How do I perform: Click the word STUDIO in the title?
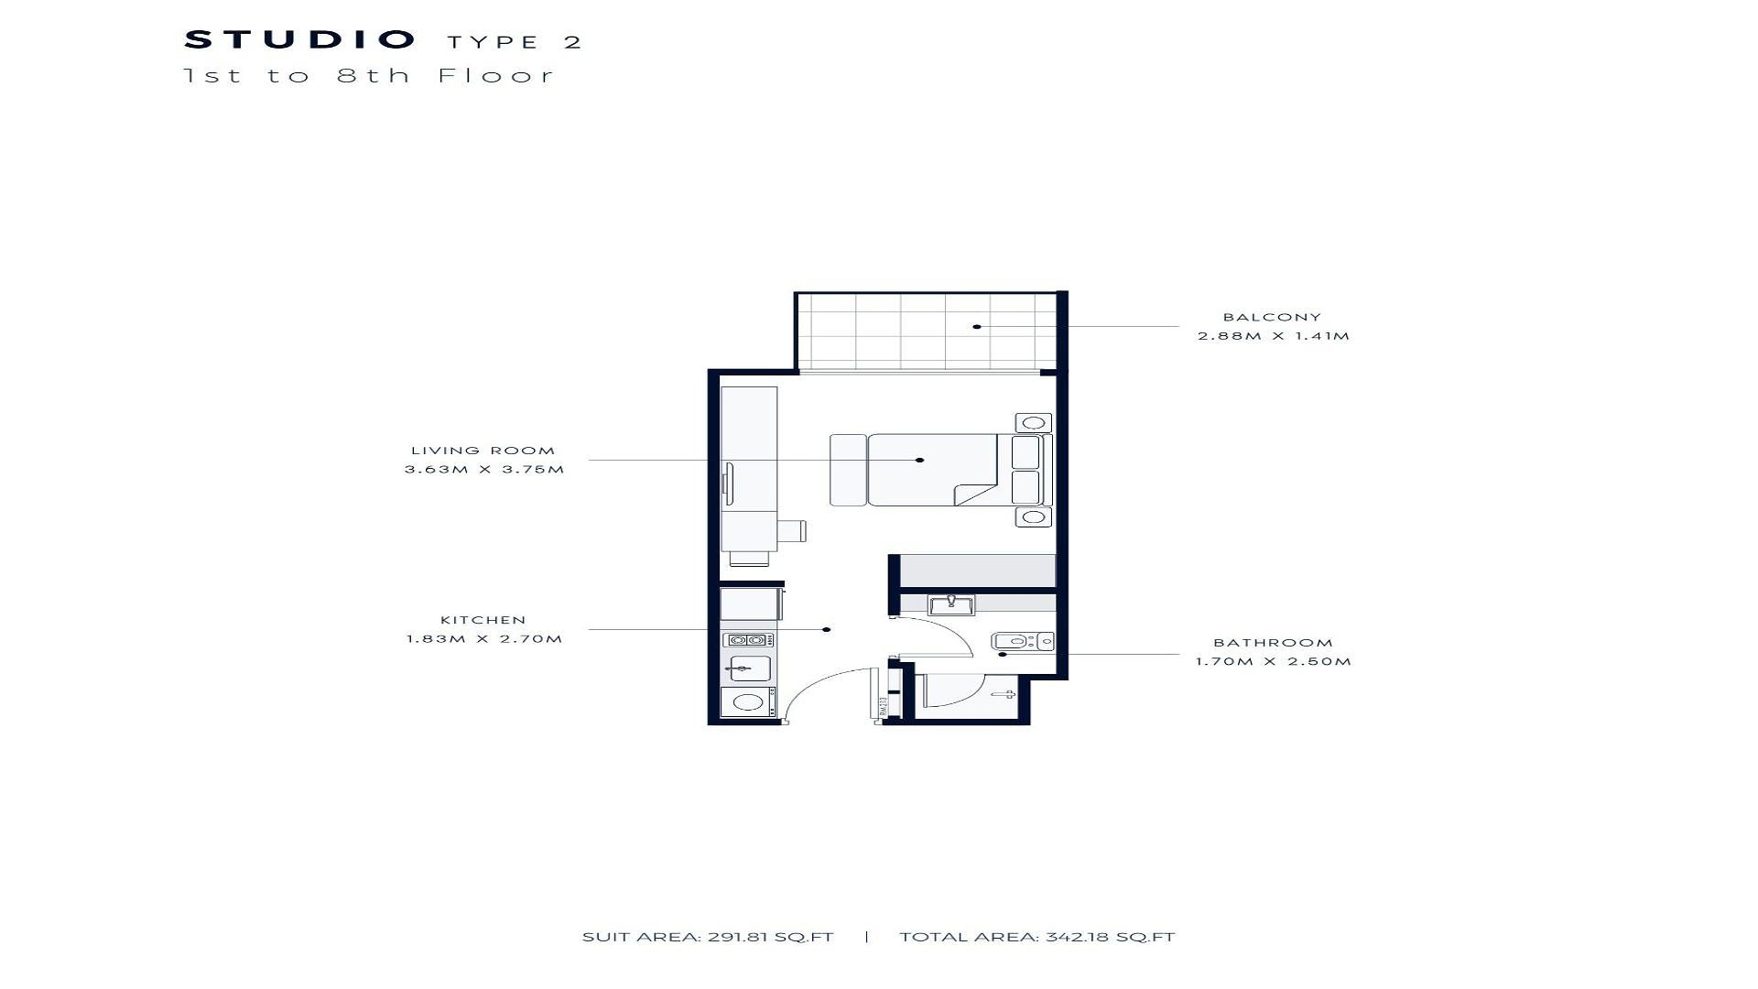pos(300,40)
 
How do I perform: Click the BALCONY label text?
pos(1272,318)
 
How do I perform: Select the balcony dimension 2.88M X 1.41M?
pos(1274,336)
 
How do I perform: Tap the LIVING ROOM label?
pos(483,451)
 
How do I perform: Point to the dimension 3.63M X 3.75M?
pos(484,470)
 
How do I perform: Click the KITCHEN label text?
pos(483,621)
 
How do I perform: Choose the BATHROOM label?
pos(1273,643)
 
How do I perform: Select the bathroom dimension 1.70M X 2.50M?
pos(1273,662)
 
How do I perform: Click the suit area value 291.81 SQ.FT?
pos(770,937)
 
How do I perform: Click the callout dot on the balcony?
pos(977,327)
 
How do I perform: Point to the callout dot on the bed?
pos(920,460)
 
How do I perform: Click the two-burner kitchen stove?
pos(748,640)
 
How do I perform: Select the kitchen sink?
pos(750,668)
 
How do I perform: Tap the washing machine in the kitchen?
pos(749,702)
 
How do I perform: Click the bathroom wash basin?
pos(951,604)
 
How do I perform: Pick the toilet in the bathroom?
pos(1023,642)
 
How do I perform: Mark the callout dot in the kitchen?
pos(827,629)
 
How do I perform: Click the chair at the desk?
pos(792,530)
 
